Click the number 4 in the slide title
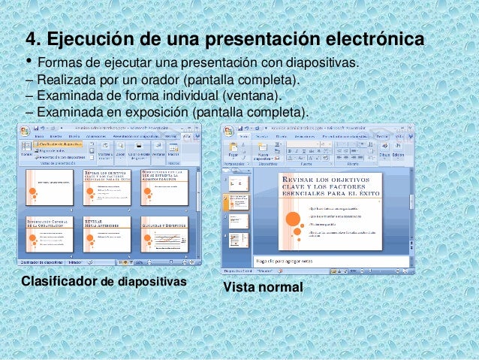point(32,38)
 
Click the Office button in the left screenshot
point(26,130)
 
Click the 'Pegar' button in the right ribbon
point(233,150)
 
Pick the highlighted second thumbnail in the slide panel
point(239,203)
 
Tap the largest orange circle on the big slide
point(288,219)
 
